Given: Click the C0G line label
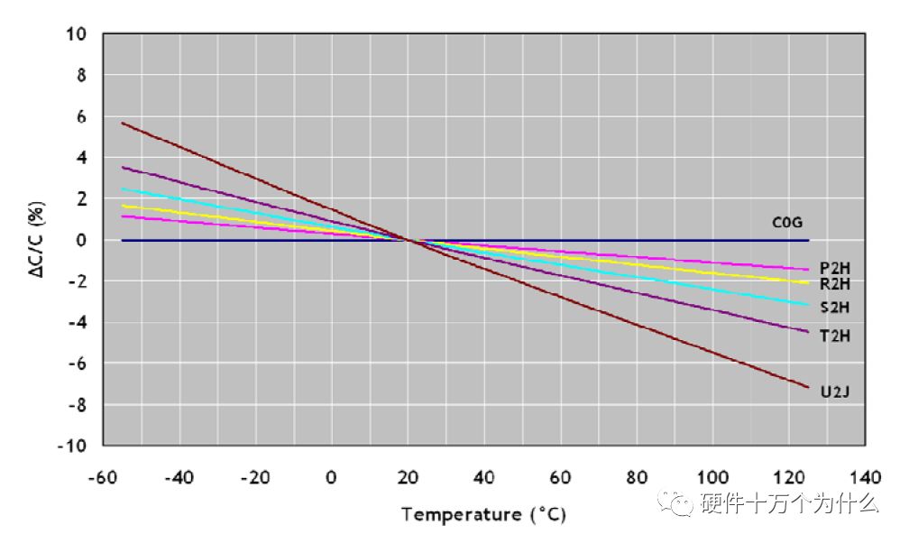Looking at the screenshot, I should [x=787, y=221].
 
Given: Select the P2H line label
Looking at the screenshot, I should [x=835, y=268].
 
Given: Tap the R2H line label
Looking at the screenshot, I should [x=835, y=283].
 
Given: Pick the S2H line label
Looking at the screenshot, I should [x=835, y=308].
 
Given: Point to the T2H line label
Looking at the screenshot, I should [x=835, y=336].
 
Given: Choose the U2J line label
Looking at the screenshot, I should [x=835, y=392].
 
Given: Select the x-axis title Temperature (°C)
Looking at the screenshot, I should [x=484, y=515].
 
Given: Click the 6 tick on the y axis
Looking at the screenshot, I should [x=80, y=116].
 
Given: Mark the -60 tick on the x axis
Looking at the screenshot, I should [x=104, y=476].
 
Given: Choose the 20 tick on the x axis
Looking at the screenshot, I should [x=409, y=476].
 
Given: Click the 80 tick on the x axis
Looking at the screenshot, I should [x=638, y=476].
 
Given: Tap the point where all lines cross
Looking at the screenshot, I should [x=409, y=240].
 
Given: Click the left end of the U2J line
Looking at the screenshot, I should [x=122, y=123].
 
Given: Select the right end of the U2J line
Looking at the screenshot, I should [x=809, y=388].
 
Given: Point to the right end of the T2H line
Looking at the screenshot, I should [x=809, y=331].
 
